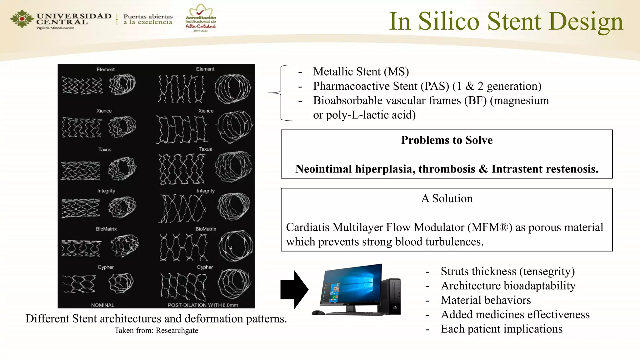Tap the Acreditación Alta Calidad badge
201,18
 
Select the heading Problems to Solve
447,140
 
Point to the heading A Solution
447,198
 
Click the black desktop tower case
392,296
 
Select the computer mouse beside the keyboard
318,312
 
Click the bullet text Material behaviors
486,300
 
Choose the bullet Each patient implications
501,329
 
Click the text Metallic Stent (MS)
361,72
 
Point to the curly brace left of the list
281,93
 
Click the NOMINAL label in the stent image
102,305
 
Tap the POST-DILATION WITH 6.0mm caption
202,305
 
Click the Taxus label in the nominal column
105,150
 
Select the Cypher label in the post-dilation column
205,267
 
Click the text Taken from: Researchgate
156,330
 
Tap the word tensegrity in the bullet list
547,271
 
